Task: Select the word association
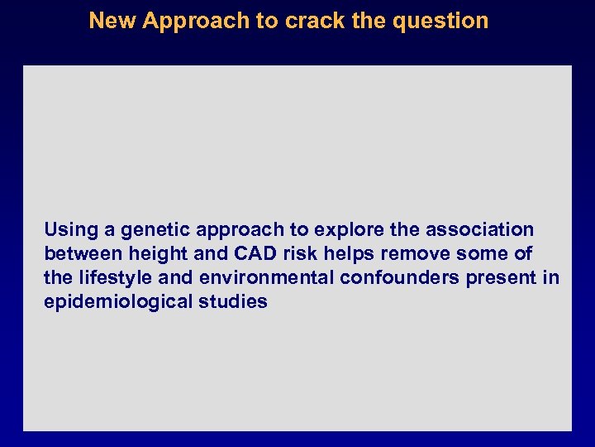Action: (x=483, y=229)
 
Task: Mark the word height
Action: (x=155, y=253)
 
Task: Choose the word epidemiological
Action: (x=118, y=301)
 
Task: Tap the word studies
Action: (x=233, y=301)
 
